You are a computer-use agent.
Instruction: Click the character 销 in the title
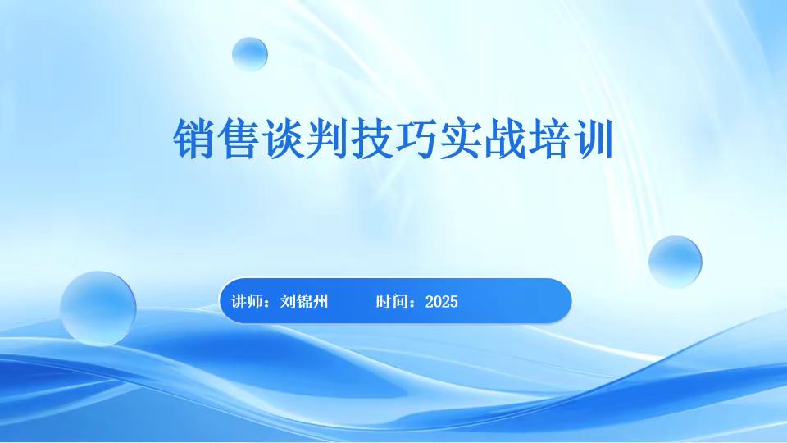click(x=194, y=140)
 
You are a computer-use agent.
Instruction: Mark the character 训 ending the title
click(x=596, y=140)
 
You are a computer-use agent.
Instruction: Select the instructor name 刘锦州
click(x=304, y=302)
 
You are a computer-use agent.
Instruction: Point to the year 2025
click(x=442, y=302)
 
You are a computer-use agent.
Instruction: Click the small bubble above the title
click(x=249, y=54)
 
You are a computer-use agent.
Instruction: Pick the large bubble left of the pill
click(x=98, y=308)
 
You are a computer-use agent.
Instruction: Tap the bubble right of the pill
click(x=675, y=262)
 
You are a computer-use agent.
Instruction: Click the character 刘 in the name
click(x=288, y=302)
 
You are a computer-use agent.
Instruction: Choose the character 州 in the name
click(x=321, y=302)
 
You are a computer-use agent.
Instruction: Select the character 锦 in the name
click(x=304, y=302)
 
